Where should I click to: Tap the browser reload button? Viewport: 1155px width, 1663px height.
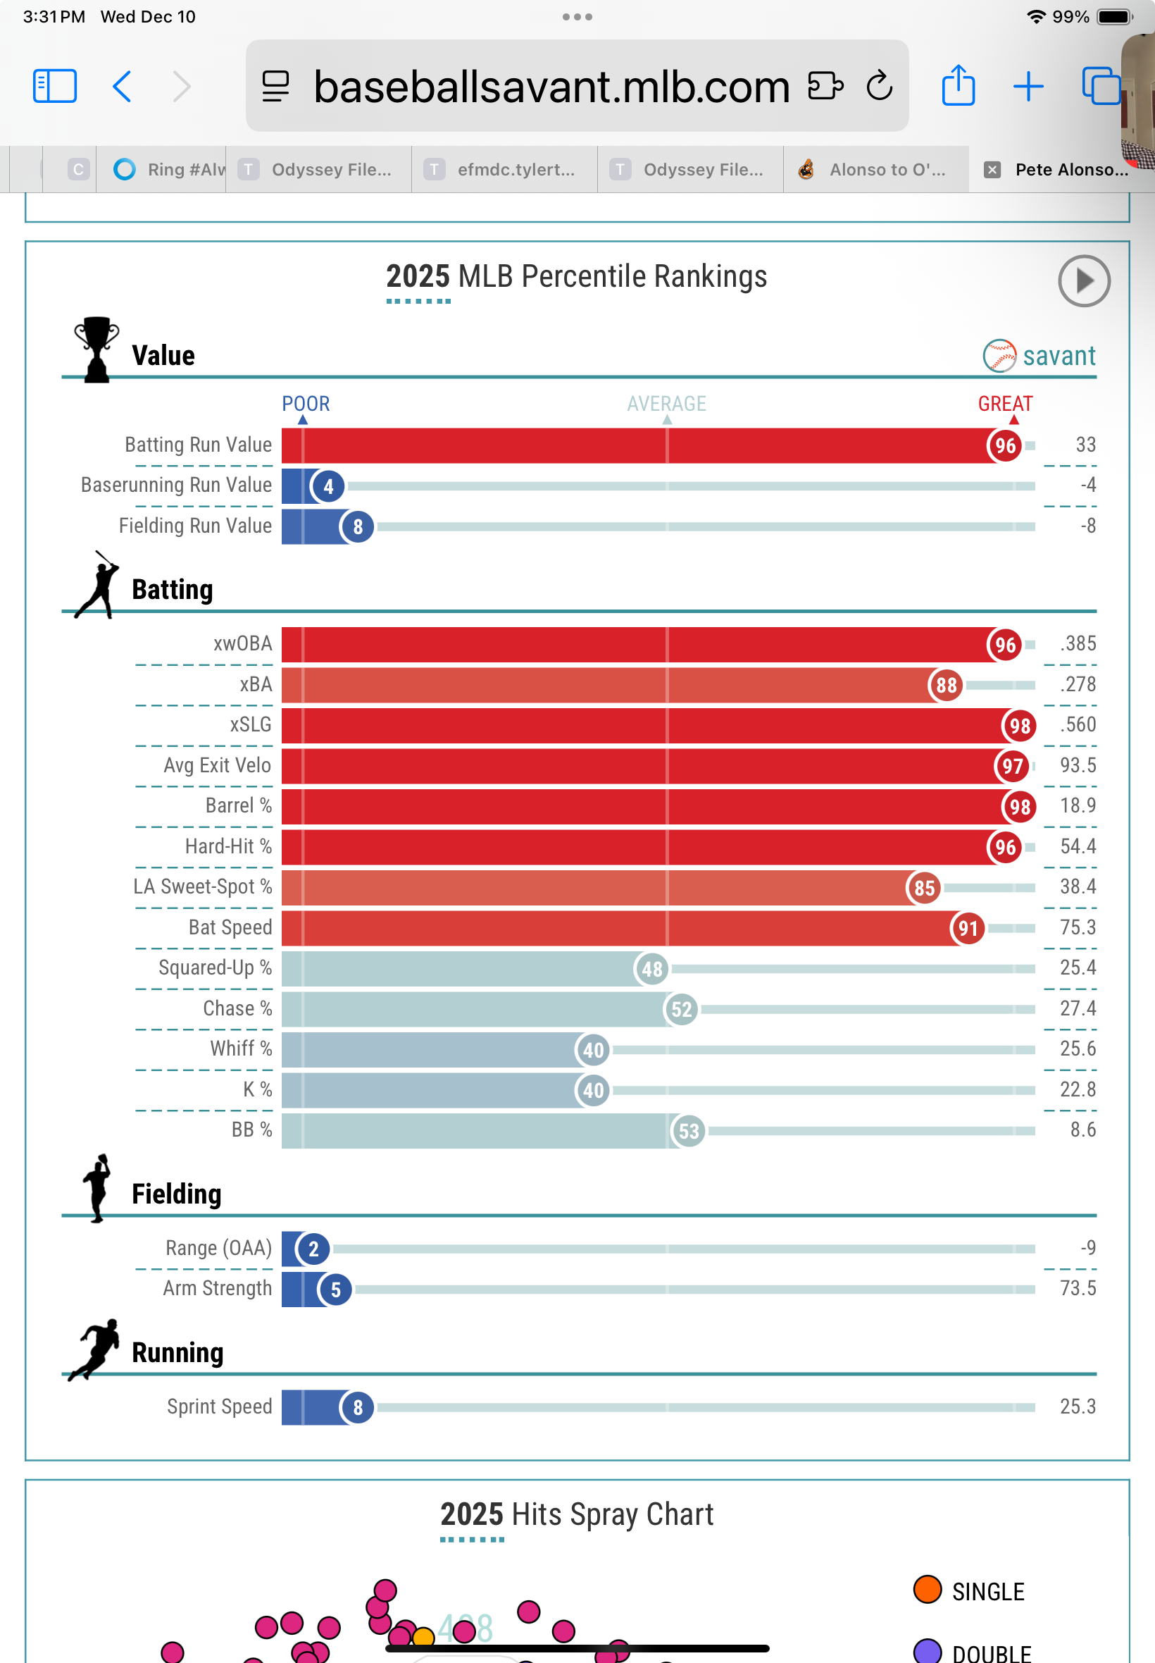[x=879, y=86]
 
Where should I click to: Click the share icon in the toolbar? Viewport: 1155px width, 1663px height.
[x=959, y=85]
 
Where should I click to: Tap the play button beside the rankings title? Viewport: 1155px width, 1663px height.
[x=1083, y=281]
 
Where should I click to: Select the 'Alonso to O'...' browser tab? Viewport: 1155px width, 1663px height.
[x=875, y=169]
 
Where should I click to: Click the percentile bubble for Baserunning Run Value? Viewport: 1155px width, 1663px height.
[x=329, y=486]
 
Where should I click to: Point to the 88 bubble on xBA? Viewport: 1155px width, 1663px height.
[x=946, y=685]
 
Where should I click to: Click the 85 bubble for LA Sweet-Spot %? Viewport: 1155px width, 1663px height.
[x=923, y=888]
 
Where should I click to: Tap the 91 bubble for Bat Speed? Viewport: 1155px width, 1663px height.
[x=968, y=928]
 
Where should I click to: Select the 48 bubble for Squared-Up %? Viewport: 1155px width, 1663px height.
[x=652, y=969]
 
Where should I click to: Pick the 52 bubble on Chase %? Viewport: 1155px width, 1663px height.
[x=681, y=1009]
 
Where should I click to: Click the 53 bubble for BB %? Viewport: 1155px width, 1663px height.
[x=688, y=1131]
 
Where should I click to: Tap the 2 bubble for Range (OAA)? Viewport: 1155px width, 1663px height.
[x=313, y=1249]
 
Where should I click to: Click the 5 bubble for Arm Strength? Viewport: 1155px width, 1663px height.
[x=336, y=1290]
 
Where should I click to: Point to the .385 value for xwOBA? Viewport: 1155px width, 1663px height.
[x=1078, y=643]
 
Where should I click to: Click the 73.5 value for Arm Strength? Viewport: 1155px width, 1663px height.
[x=1078, y=1288]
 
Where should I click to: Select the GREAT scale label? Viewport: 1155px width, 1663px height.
[x=1005, y=404]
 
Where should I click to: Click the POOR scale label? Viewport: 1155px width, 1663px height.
[x=306, y=404]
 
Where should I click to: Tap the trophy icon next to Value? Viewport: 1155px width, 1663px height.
[x=96, y=349]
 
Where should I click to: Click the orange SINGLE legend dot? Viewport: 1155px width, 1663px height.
[x=927, y=1590]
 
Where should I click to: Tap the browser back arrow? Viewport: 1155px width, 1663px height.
[x=123, y=86]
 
